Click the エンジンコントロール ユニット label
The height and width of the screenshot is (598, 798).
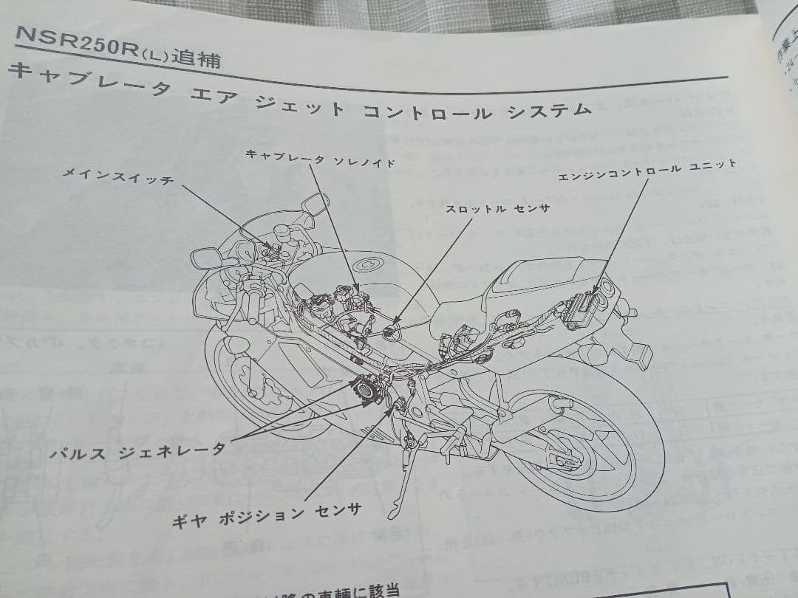click(x=647, y=168)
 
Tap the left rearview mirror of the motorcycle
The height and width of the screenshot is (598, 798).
click(x=207, y=258)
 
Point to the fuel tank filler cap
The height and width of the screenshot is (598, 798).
click(x=367, y=264)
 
